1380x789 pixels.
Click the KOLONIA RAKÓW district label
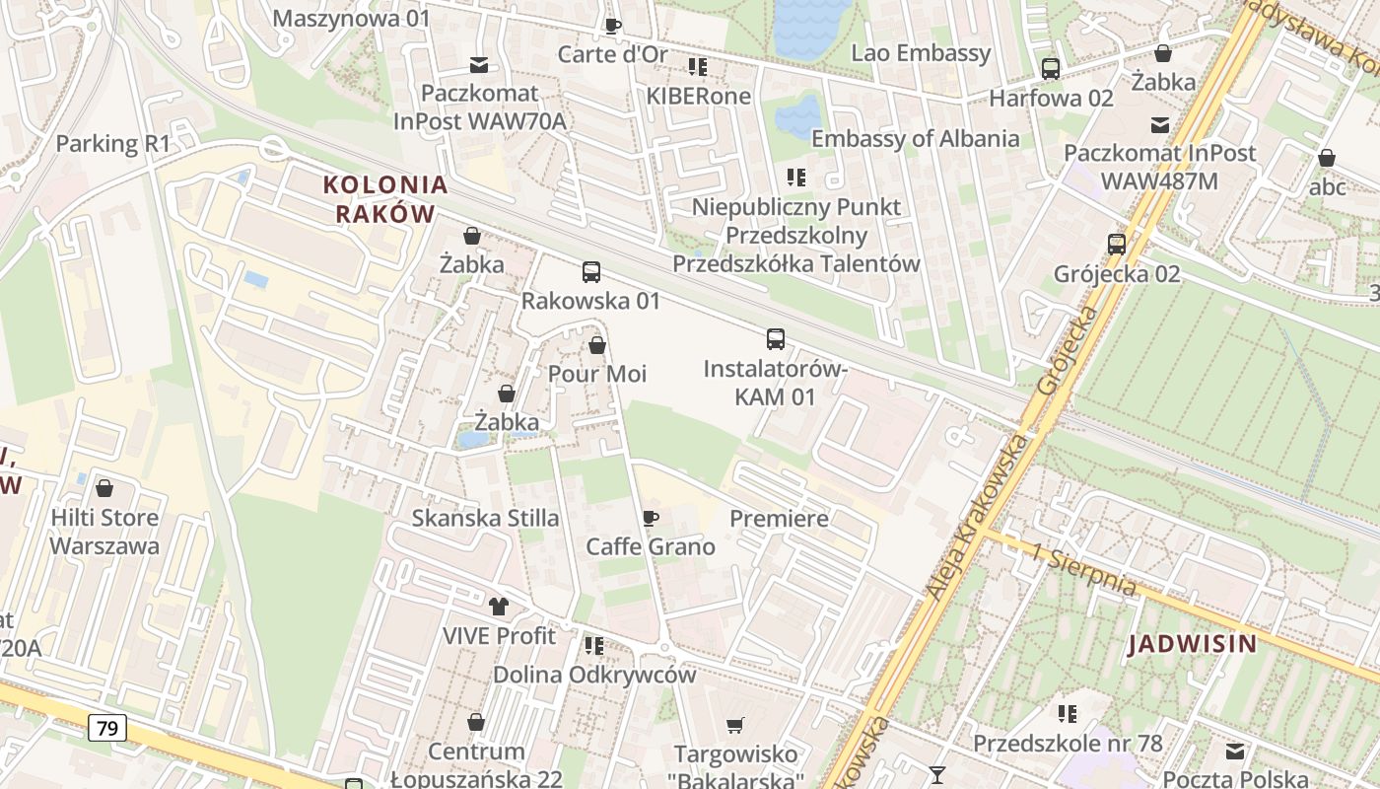click(385, 199)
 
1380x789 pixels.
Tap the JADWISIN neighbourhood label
click(1193, 645)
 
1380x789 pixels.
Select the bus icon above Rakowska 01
click(591, 271)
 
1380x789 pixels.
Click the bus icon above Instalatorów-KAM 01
click(776, 339)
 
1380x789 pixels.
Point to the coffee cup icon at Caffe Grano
click(650, 518)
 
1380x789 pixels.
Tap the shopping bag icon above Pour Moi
click(596, 345)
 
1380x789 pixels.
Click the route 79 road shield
click(107, 729)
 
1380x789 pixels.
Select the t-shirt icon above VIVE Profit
click(499, 606)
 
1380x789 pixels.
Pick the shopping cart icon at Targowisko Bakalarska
click(734, 727)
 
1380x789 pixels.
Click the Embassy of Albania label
click(915, 138)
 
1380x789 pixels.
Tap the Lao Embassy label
click(921, 53)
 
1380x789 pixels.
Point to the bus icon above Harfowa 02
click(1051, 69)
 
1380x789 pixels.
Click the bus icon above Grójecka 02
click(1117, 244)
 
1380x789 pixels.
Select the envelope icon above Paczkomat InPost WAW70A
click(479, 65)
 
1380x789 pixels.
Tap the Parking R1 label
click(113, 143)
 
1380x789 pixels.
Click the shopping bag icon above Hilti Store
click(104, 488)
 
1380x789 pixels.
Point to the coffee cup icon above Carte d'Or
click(613, 26)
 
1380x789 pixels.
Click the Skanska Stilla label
click(485, 518)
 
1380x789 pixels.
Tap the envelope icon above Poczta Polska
click(1235, 752)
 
